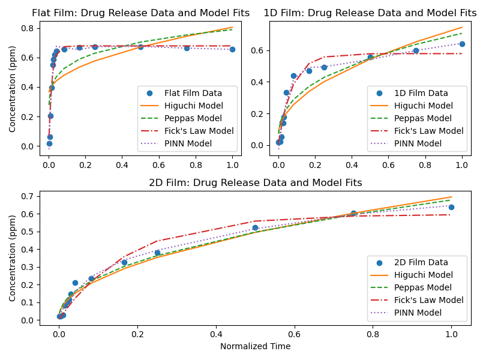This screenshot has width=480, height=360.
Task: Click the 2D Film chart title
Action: coord(256,182)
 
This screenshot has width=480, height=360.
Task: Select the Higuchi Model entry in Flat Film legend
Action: coord(185,106)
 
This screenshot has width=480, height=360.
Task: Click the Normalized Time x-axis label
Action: coord(255,346)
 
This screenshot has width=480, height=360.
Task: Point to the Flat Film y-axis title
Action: coord(13,89)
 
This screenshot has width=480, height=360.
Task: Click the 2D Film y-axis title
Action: coord(13,258)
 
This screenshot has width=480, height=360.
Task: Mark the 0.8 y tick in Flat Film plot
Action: coord(27,28)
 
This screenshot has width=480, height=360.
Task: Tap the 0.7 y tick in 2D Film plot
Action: coord(27,196)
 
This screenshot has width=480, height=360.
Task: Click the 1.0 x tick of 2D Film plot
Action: coord(451,334)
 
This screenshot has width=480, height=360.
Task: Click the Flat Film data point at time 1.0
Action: coord(232,49)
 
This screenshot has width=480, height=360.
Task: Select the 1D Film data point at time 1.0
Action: coord(462,44)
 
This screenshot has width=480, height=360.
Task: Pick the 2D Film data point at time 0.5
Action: coord(255,227)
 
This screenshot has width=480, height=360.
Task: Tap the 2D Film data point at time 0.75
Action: coord(353,213)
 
